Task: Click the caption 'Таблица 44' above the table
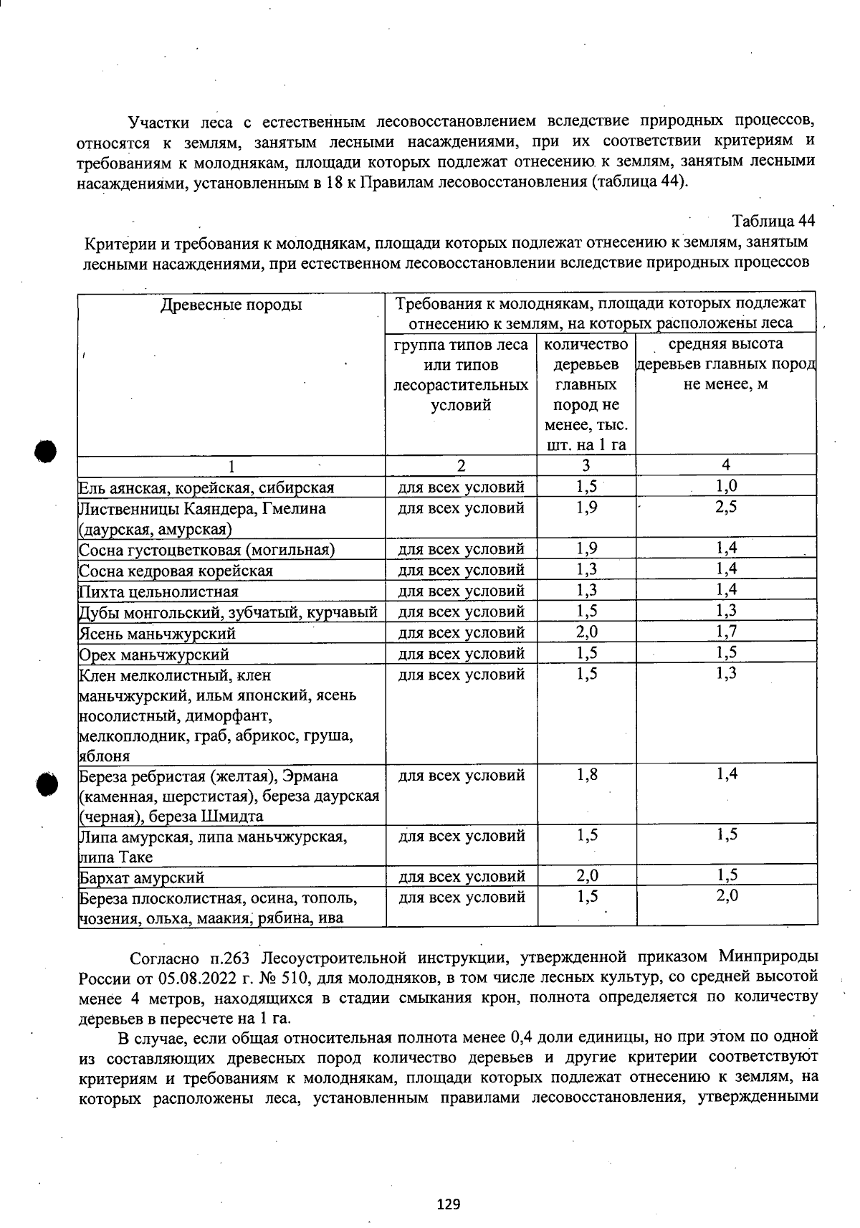[774, 219]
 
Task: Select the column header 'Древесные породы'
[231, 305]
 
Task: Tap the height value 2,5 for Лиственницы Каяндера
[726, 508]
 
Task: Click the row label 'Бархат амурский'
[142, 877]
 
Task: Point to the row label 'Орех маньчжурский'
[154, 654]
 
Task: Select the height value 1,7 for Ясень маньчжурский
[726, 632]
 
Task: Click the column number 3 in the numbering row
[586, 465]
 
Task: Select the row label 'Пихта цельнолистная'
[158, 591]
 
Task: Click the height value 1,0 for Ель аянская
[726, 487]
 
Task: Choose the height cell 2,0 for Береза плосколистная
[726, 897]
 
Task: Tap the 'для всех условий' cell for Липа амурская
[462, 836]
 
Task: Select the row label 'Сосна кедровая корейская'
[176, 571]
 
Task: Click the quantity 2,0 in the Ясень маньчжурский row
[586, 632]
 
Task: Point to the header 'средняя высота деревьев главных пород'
[726, 363]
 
